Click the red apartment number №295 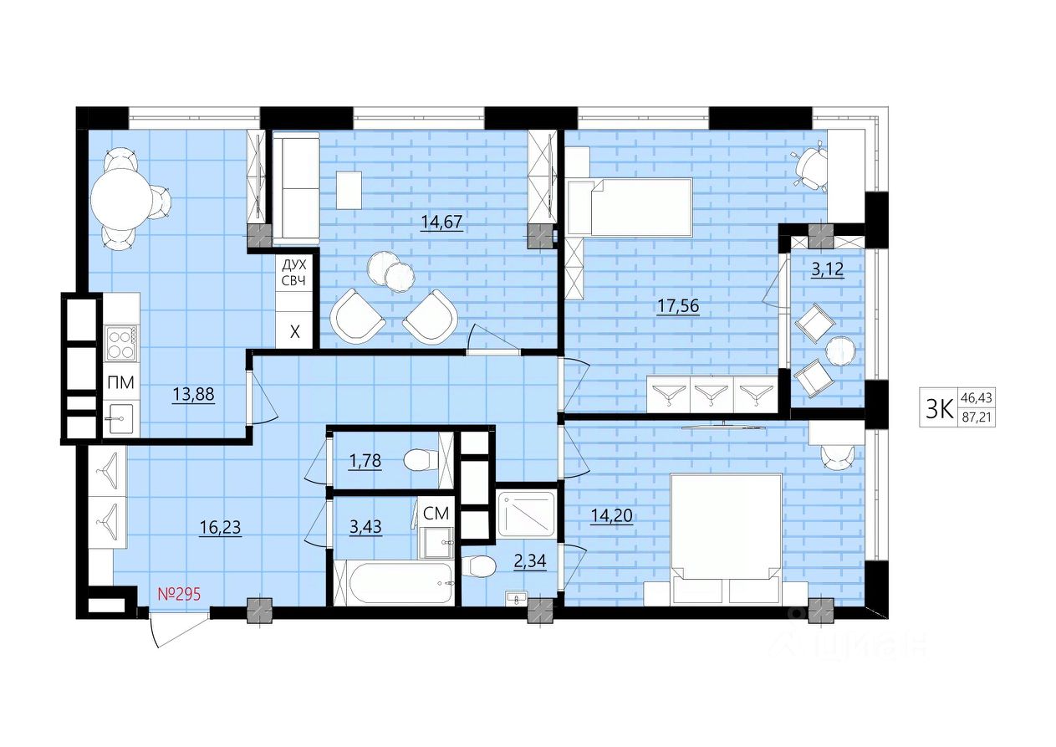point(179,594)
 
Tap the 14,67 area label point(441,222)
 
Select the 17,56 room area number point(678,306)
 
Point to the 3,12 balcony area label point(828,269)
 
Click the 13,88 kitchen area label point(194,393)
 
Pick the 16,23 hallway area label point(220,528)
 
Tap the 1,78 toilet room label point(365,461)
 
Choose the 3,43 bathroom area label point(365,527)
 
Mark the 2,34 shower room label point(530,561)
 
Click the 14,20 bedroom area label point(611,516)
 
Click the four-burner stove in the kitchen point(120,343)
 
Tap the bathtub point(394,583)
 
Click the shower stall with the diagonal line point(527,514)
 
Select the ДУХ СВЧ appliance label point(293,273)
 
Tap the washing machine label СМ point(436,514)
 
